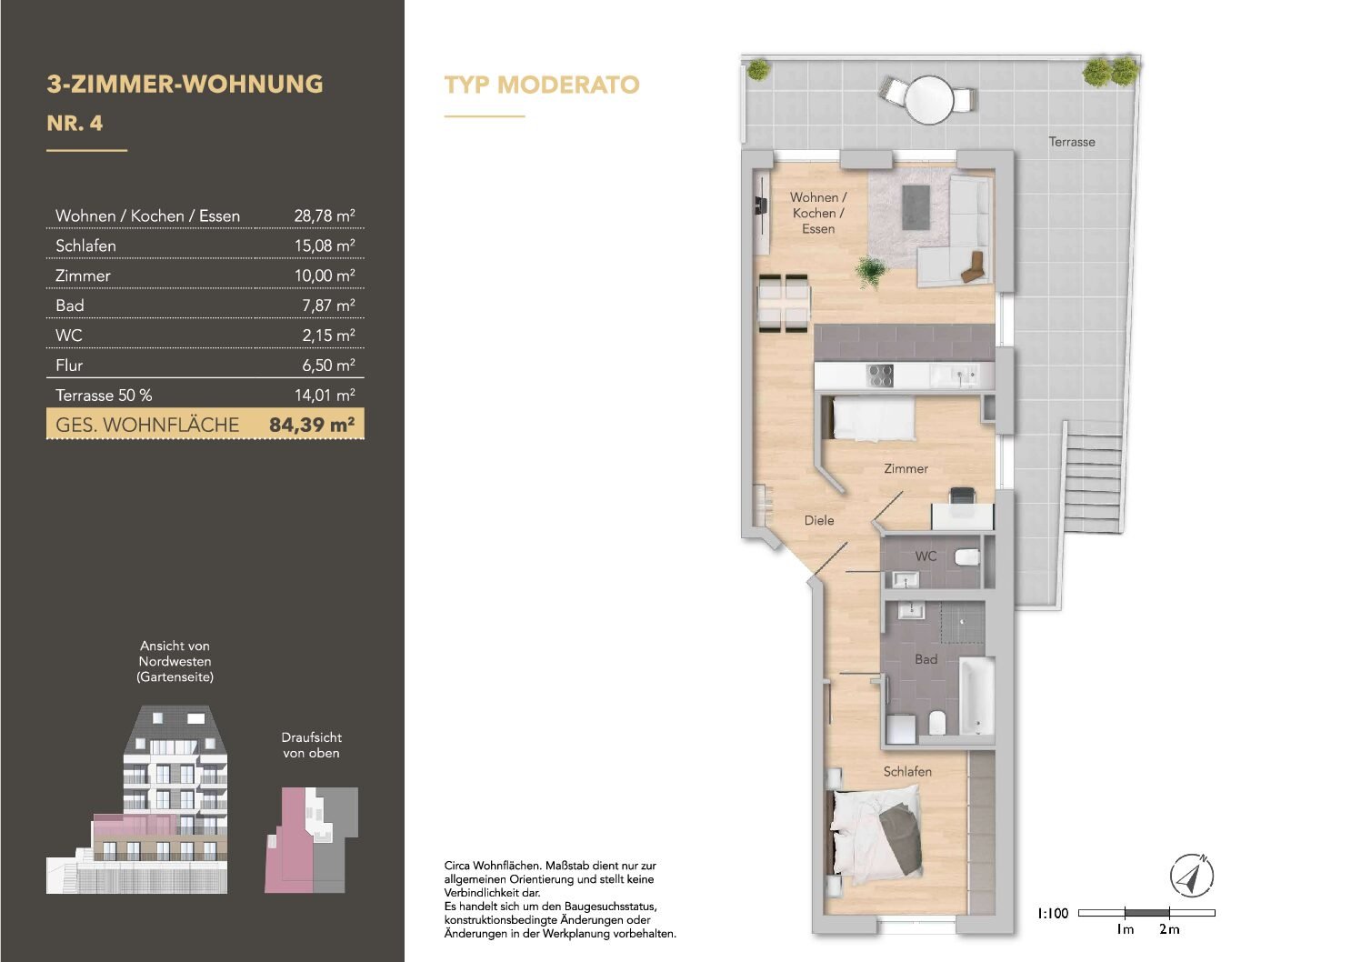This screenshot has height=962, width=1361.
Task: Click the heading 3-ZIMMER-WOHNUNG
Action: point(185,85)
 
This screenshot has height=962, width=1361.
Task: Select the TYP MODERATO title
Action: point(542,85)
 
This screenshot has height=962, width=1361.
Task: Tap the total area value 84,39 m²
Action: point(311,425)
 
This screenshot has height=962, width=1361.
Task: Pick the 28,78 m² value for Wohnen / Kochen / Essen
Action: point(324,216)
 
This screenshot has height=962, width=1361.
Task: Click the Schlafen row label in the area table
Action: point(85,246)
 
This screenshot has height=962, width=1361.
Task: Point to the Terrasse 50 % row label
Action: point(104,396)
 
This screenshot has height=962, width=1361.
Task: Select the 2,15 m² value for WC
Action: point(328,336)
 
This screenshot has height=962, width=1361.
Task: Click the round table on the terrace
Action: point(928,98)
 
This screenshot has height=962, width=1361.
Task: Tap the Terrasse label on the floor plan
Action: point(1071,142)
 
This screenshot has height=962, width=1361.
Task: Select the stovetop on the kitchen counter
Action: point(880,376)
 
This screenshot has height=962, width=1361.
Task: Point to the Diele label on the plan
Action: point(818,520)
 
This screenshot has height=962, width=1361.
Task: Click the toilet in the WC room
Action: point(967,556)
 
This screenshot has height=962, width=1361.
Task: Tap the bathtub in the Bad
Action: point(976,696)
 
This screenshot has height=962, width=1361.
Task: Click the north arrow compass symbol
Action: point(1191,877)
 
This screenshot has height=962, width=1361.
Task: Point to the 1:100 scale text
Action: point(1053,913)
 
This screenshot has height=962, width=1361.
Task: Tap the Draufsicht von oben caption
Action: point(311,745)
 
